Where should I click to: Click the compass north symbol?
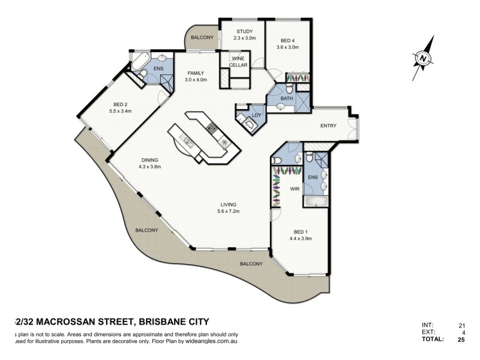(423, 59)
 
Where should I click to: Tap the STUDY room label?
(244, 31)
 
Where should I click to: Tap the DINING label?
(149, 160)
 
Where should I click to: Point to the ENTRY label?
(328, 125)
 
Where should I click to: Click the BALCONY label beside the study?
(202, 38)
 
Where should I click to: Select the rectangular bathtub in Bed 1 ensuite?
(316, 202)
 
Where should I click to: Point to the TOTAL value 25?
(461, 340)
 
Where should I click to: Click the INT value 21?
(461, 325)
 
